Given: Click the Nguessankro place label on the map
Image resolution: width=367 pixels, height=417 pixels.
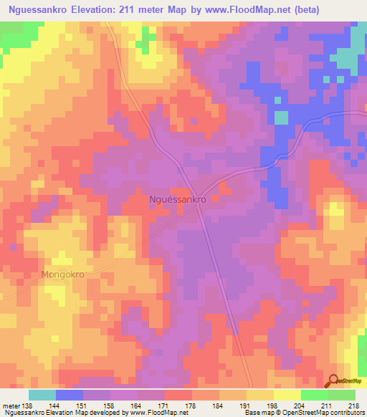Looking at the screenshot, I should tap(177, 201).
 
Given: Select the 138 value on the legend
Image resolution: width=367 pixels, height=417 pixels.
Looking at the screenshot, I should tap(28, 405).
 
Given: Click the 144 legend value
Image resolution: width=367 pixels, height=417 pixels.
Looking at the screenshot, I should tap(56, 405).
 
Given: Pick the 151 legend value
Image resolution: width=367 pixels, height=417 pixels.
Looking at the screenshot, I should tap(83, 405).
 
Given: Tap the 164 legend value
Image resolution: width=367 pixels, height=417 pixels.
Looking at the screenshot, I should tap(138, 405).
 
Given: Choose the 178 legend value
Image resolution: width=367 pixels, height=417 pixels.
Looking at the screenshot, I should tap(192, 405).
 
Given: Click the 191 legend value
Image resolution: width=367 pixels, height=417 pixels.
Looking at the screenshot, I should tap(247, 405).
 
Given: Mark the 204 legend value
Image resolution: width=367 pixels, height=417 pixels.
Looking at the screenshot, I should tap(301, 405).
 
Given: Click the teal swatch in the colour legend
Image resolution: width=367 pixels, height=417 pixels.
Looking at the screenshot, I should tap(42, 395).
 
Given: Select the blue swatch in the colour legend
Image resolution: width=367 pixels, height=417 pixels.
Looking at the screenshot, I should tap(70, 395).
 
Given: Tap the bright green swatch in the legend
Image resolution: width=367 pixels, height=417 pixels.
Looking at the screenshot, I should tap(315, 395).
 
